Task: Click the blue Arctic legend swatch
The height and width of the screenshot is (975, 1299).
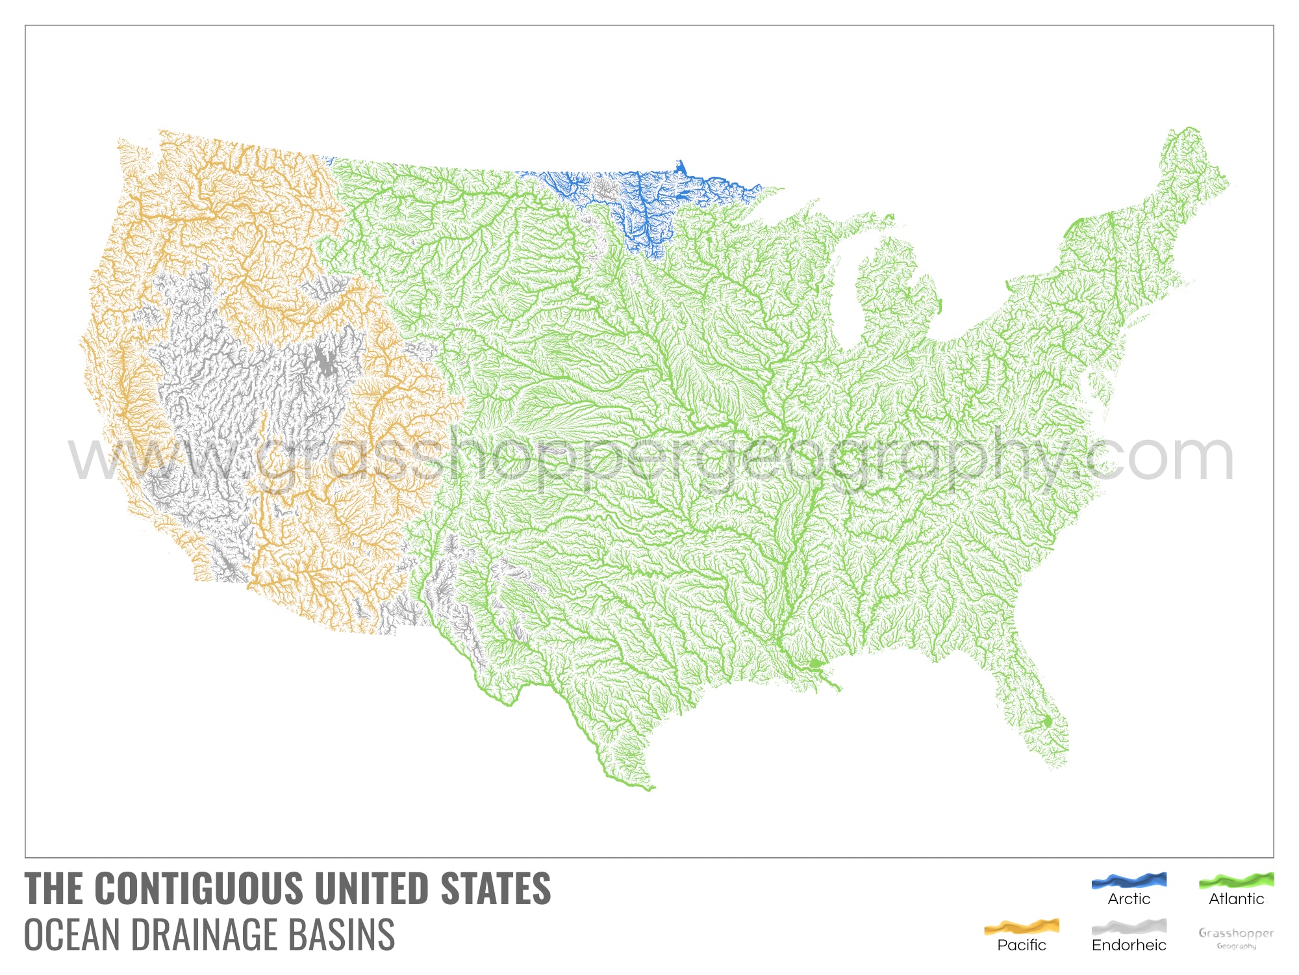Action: click(1129, 881)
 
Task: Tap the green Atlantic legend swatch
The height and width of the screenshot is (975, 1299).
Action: click(1236, 881)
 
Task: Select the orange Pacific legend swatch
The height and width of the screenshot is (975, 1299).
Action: click(1022, 926)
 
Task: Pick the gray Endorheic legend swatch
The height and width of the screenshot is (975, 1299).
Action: click(1129, 926)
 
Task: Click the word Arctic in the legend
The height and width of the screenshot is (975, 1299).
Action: click(1129, 899)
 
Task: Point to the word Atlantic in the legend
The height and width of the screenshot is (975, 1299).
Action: click(1236, 899)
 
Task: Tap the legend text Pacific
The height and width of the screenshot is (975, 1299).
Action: click(1022, 945)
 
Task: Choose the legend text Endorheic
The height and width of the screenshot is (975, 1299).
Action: click(1129, 945)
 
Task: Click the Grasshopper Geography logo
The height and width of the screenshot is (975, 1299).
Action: click(1236, 937)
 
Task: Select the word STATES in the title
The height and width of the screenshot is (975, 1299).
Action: click(496, 889)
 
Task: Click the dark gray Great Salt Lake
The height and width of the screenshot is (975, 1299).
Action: click(323, 361)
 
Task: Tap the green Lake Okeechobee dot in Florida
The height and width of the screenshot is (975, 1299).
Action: click(1047, 721)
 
